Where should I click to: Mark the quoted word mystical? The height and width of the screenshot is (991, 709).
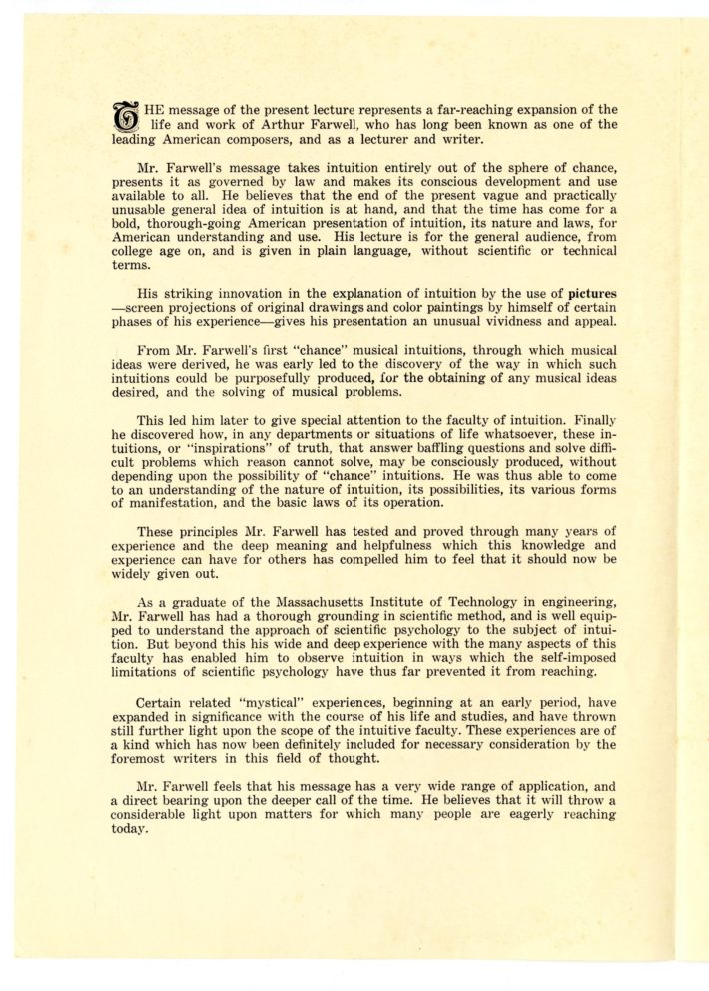point(332,687)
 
